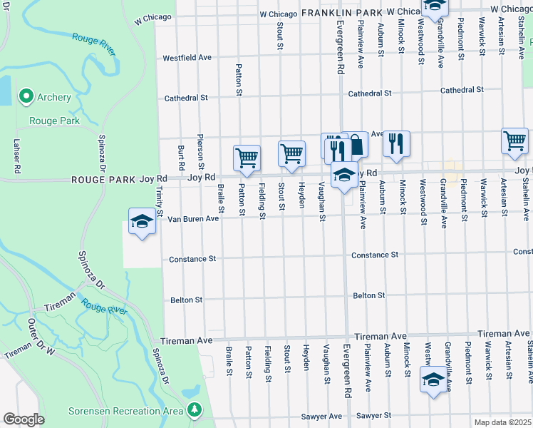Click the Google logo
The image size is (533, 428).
tap(23, 419)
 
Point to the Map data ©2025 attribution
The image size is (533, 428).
tap(502, 422)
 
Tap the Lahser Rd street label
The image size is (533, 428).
tap(16, 156)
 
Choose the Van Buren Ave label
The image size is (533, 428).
tap(192, 219)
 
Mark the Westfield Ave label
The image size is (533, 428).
tap(187, 58)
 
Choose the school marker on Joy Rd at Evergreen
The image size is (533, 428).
tap(344, 174)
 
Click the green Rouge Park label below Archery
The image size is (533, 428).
tap(54, 121)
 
